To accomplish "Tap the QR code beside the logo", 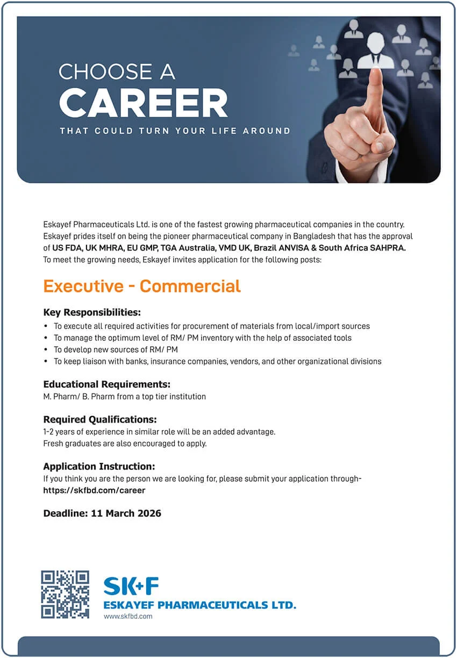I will (x=65, y=594).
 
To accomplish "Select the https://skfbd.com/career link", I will (x=94, y=490).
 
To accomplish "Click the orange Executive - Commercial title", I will (x=142, y=286).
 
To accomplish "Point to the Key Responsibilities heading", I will (x=92, y=312).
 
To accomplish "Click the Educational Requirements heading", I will (x=106, y=384).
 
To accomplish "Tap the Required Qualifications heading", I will (x=100, y=419).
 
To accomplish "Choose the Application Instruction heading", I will (x=99, y=466).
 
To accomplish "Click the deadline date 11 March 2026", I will (x=126, y=513).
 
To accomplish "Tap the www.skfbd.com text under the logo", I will (x=128, y=616).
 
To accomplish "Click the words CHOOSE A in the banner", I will (x=117, y=72).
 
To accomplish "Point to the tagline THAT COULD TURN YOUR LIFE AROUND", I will (x=175, y=131).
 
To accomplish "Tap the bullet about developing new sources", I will (x=116, y=349).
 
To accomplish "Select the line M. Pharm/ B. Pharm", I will (x=124, y=396).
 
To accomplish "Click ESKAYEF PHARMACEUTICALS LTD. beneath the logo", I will (x=199, y=605).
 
